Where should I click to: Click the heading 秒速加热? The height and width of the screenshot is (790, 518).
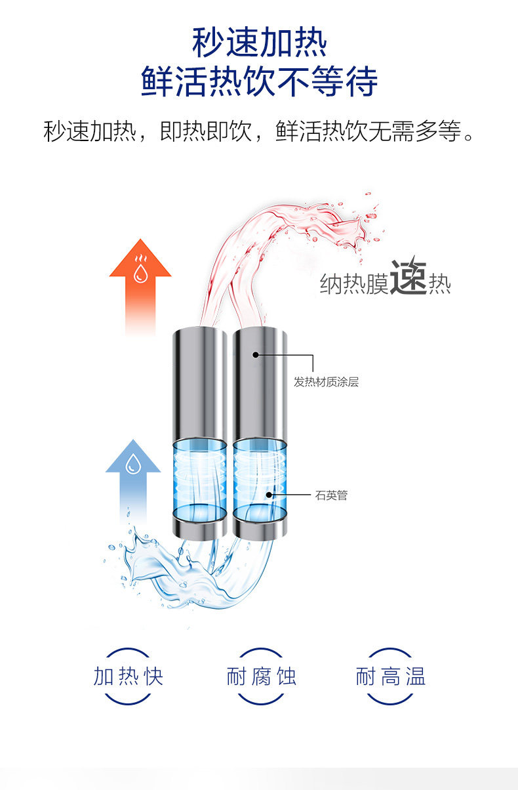259,43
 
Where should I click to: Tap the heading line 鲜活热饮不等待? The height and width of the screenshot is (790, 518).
259,82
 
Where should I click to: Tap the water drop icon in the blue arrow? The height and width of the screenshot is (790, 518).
133,464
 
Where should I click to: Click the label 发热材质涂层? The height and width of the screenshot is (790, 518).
326,383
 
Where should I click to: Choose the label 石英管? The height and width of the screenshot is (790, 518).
331,495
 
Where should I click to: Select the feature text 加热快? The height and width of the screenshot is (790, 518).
129,676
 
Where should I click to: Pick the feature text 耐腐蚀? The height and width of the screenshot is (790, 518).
261,676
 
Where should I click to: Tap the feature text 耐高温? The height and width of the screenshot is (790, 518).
391,676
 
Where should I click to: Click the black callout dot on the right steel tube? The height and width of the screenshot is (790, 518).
256,355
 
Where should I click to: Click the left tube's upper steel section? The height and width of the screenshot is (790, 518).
199,381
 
